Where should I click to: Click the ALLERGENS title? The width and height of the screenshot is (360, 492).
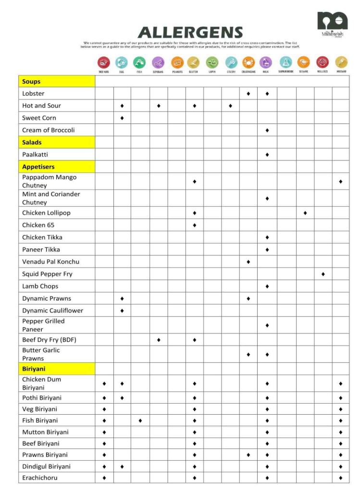[190, 32]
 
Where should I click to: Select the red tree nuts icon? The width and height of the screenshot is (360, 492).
[104, 62]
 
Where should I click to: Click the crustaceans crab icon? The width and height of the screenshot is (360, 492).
[248, 62]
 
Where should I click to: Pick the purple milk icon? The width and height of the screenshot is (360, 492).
[266, 62]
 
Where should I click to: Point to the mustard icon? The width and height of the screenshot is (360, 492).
[341, 62]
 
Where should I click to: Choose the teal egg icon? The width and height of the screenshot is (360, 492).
[122, 62]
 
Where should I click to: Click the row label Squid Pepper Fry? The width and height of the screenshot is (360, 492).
[47, 274]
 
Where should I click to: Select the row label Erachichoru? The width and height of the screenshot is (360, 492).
[39, 478]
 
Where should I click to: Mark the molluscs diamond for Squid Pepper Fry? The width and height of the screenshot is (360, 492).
[323, 274]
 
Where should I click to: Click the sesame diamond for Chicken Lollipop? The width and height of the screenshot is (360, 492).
[305, 213]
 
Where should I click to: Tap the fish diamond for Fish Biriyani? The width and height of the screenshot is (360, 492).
[140, 420]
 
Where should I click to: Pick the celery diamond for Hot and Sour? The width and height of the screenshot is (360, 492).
[230, 106]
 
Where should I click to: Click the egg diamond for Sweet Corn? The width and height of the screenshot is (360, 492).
[122, 118]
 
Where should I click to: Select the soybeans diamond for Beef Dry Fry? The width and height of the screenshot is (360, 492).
[159, 340]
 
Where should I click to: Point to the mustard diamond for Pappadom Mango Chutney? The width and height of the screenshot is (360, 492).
[341, 182]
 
